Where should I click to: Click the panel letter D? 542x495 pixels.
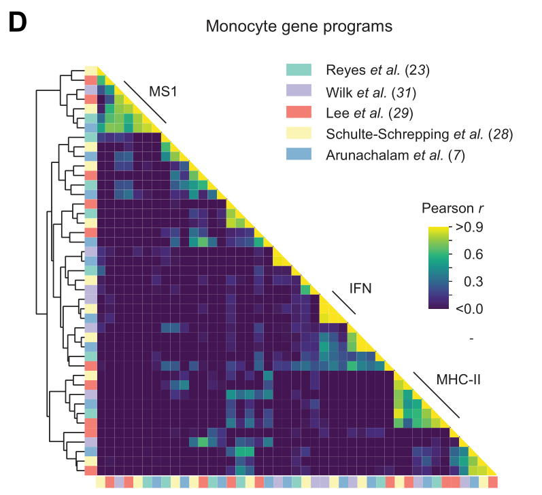coord(17,23)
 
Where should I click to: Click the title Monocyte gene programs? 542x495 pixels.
coord(299,27)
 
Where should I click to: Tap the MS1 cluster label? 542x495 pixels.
coord(164,91)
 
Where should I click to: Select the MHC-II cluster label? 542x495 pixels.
coord(458,379)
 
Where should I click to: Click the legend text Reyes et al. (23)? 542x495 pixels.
coord(377,70)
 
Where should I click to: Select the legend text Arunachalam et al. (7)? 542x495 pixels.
coord(394,155)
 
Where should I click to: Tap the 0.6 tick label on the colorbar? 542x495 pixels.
coord(469,254)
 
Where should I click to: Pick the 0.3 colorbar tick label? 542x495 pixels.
coord(469,281)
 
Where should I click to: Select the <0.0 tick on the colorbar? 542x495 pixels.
coord(469,308)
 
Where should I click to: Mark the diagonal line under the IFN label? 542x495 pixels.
coord(344,303)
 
